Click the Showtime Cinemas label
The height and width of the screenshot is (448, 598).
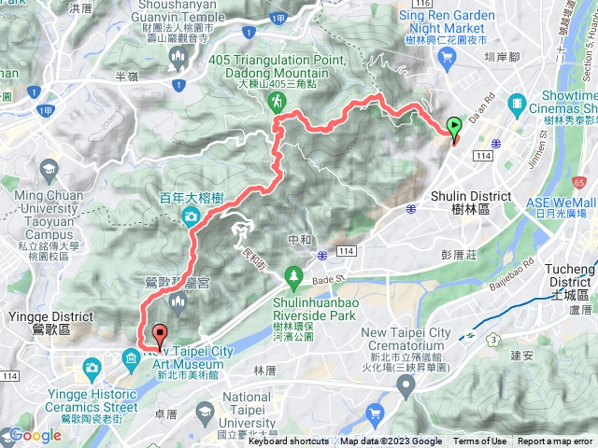pyautogui.click(x=562, y=104)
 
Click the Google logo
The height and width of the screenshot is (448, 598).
pyautogui.click(x=35, y=436)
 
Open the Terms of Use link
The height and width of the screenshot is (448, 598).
pyautogui.click(x=480, y=441)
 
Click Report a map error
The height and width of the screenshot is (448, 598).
pyautogui.click(x=555, y=441)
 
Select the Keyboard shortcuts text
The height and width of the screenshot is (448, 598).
pyautogui.click(x=288, y=441)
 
